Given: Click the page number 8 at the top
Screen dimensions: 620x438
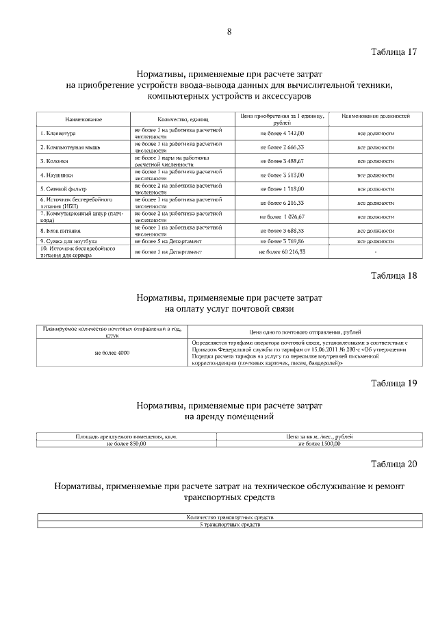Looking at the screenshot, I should pos(229,31).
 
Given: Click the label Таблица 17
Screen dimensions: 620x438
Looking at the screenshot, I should pos(394,52).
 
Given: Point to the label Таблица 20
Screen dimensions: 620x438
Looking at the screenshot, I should pos(394,464).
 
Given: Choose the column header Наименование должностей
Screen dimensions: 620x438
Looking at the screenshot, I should pos(375,118).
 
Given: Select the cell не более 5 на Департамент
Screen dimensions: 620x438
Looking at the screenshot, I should pos(168,241).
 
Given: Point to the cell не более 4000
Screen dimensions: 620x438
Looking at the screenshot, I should pos(112,353).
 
